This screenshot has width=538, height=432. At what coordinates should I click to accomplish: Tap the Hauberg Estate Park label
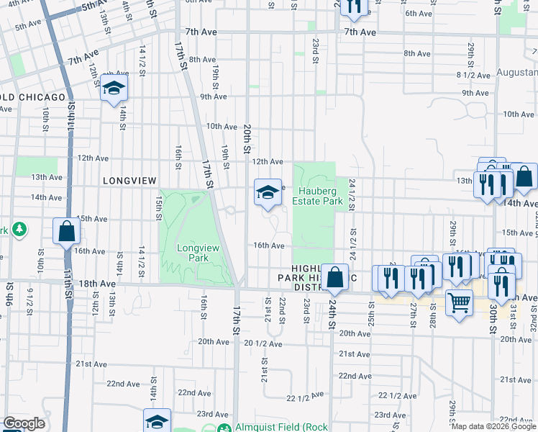coord(316,197)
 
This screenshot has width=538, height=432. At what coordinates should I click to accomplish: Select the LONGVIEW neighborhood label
coord(129,181)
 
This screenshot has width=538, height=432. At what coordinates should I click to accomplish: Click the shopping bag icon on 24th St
coord(335,276)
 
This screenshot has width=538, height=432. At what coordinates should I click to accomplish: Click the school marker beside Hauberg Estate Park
coord(268,192)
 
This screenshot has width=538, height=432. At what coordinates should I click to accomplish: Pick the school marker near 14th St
coord(114,88)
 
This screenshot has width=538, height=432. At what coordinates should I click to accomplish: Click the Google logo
coord(24,423)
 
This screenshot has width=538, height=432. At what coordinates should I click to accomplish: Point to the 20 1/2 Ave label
coord(263,343)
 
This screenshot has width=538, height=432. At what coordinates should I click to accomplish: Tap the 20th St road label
coord(246,138)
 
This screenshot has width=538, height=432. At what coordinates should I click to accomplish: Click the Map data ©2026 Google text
coord(493,426)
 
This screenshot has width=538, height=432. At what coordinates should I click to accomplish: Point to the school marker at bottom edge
coord(157,422)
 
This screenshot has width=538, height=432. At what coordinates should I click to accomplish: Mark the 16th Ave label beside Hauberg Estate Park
coord(268,246)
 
